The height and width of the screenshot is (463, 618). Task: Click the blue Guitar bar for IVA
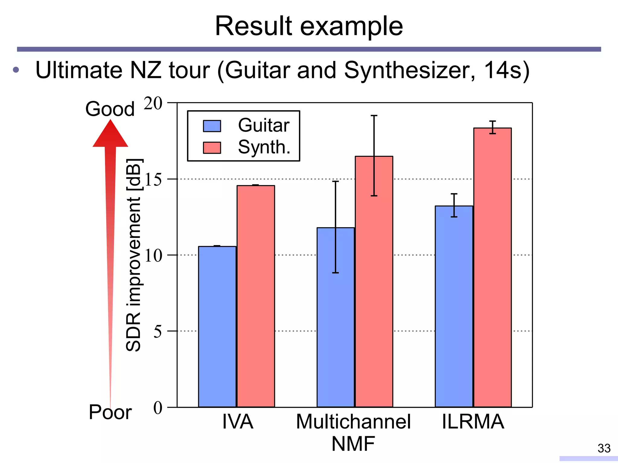tap(217, 327)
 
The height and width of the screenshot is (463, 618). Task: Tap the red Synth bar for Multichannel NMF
tap(374, 282)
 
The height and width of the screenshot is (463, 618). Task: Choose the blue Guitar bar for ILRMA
tap(454, 306)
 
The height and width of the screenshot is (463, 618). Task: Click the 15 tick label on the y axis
tap(153, 180)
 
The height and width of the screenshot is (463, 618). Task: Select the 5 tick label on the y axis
tap(158, 332)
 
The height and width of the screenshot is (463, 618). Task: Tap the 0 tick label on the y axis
tap(158, 408)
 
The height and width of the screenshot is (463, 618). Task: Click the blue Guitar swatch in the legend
tap(212, 126)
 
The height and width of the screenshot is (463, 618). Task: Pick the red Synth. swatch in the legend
tap(212, 148)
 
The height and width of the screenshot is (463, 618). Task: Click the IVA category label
tap(237, 421)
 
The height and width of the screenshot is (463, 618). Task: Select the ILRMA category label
tap(473, 421)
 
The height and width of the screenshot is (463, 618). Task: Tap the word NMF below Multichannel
tap(353, 444)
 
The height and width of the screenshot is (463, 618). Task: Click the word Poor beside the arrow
tap(110, 412)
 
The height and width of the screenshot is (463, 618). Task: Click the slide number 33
tap(604, 448)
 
